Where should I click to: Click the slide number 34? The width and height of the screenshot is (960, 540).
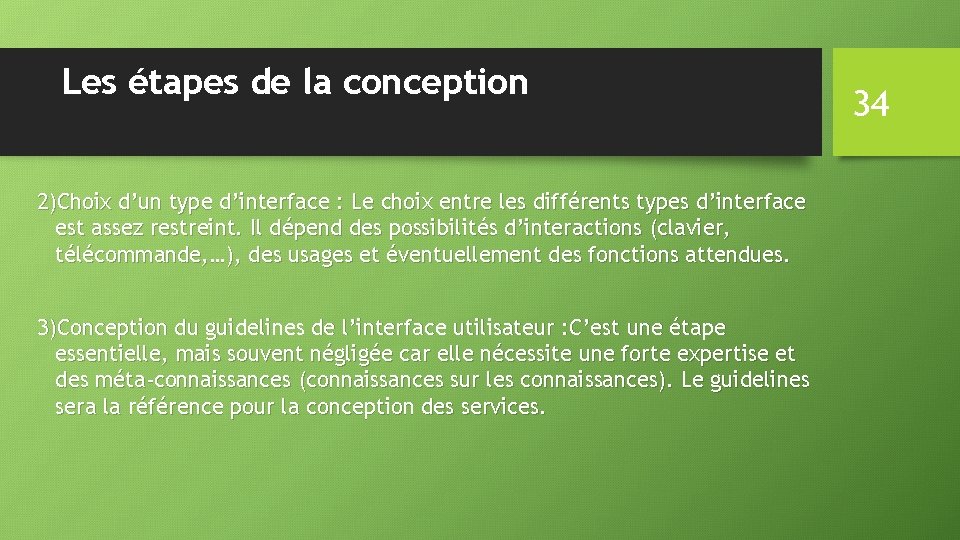pos(871,102)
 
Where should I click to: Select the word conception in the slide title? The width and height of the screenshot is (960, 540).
pos(435,82)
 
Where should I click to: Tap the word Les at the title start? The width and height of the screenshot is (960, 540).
pos(88,82)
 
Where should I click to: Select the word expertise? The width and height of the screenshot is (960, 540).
pos(721,354)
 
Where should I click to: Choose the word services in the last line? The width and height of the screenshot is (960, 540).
pos(503,407)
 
